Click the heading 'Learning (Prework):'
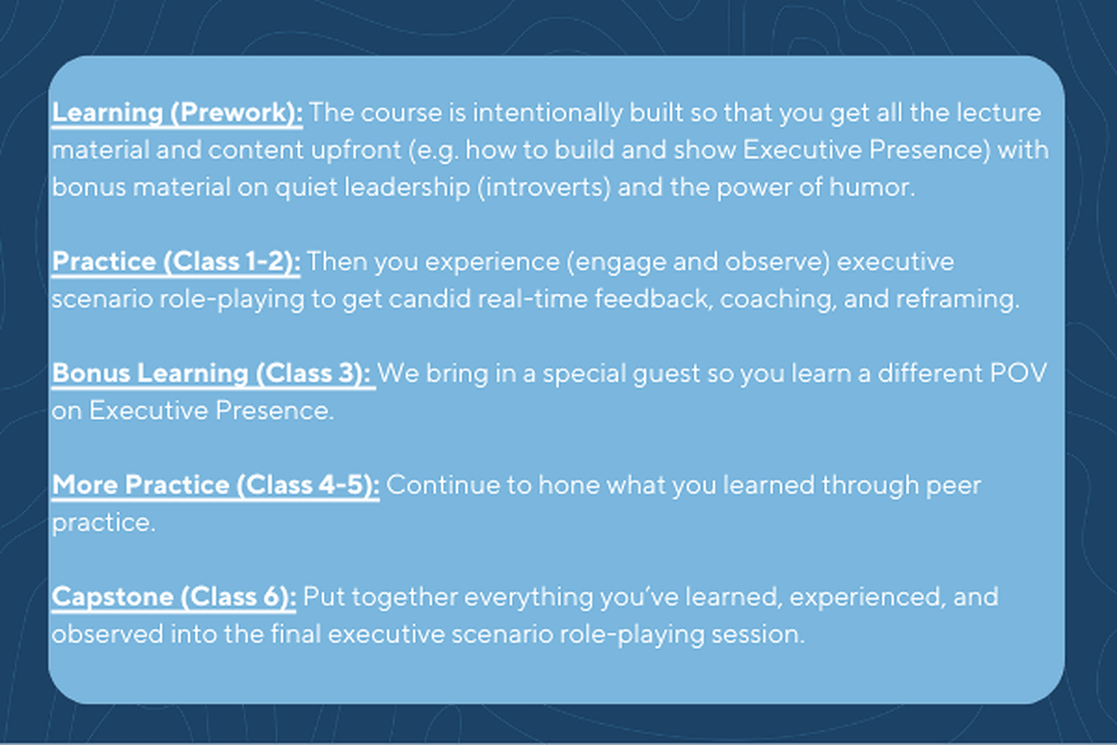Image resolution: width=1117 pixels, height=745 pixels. click(177, 113)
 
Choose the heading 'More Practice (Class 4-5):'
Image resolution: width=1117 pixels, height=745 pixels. click(215, 486)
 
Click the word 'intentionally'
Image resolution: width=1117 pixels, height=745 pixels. click(548, 113)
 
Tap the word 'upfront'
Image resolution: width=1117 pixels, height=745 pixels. click(356, 151)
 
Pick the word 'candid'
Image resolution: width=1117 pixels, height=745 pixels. click(429, 300)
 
